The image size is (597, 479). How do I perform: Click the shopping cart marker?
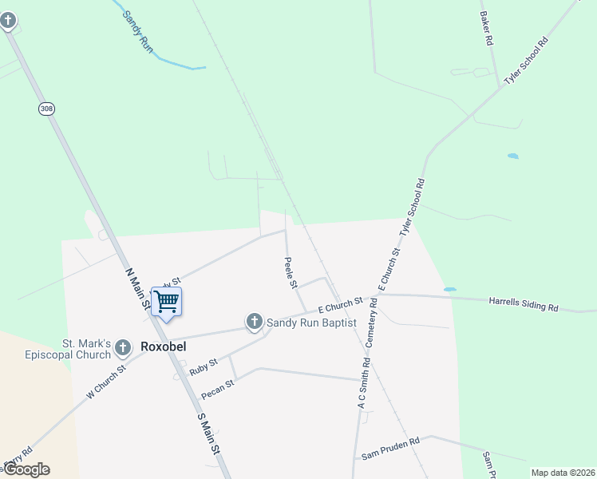(166, 303)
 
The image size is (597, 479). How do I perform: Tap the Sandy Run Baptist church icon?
(255, 323)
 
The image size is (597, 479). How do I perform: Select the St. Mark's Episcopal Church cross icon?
(122, 347)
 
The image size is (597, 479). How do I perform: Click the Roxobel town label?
(163, 347)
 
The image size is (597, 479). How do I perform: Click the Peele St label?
(291, 272)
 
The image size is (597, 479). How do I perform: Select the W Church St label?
(106, 383)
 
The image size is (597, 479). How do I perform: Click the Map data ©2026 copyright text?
(563, 473)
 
